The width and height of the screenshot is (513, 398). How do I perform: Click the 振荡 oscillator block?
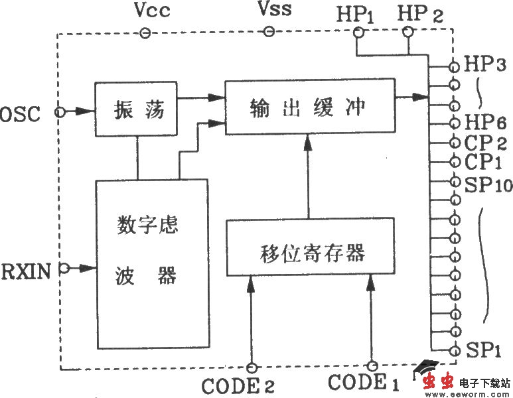point(137,109)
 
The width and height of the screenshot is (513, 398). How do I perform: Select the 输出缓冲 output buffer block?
point(308,107)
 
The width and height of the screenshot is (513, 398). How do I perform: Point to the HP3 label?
point(486,66)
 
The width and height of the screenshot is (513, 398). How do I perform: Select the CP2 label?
point(486,143)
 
